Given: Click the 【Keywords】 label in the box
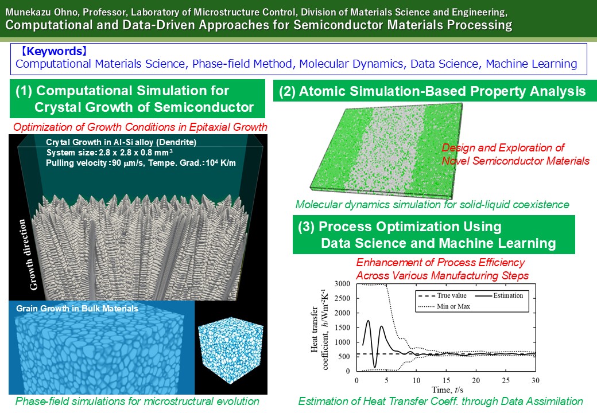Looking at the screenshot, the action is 53,52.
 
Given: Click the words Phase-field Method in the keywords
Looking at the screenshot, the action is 242,64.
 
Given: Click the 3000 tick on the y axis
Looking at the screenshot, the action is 342,284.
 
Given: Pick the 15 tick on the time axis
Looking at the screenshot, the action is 446,380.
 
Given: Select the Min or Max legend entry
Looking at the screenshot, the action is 444,306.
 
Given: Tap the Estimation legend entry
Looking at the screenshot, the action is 499,295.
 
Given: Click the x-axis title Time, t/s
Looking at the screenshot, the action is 447,390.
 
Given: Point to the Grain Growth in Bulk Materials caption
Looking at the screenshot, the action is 77,309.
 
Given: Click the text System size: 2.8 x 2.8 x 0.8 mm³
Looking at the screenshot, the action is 109,153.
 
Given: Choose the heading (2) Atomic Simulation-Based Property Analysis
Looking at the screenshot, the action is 432,91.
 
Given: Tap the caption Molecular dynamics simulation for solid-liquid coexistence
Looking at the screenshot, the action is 432,205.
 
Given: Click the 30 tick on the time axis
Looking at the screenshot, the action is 536,380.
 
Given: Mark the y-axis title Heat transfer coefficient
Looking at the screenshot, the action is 319,329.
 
